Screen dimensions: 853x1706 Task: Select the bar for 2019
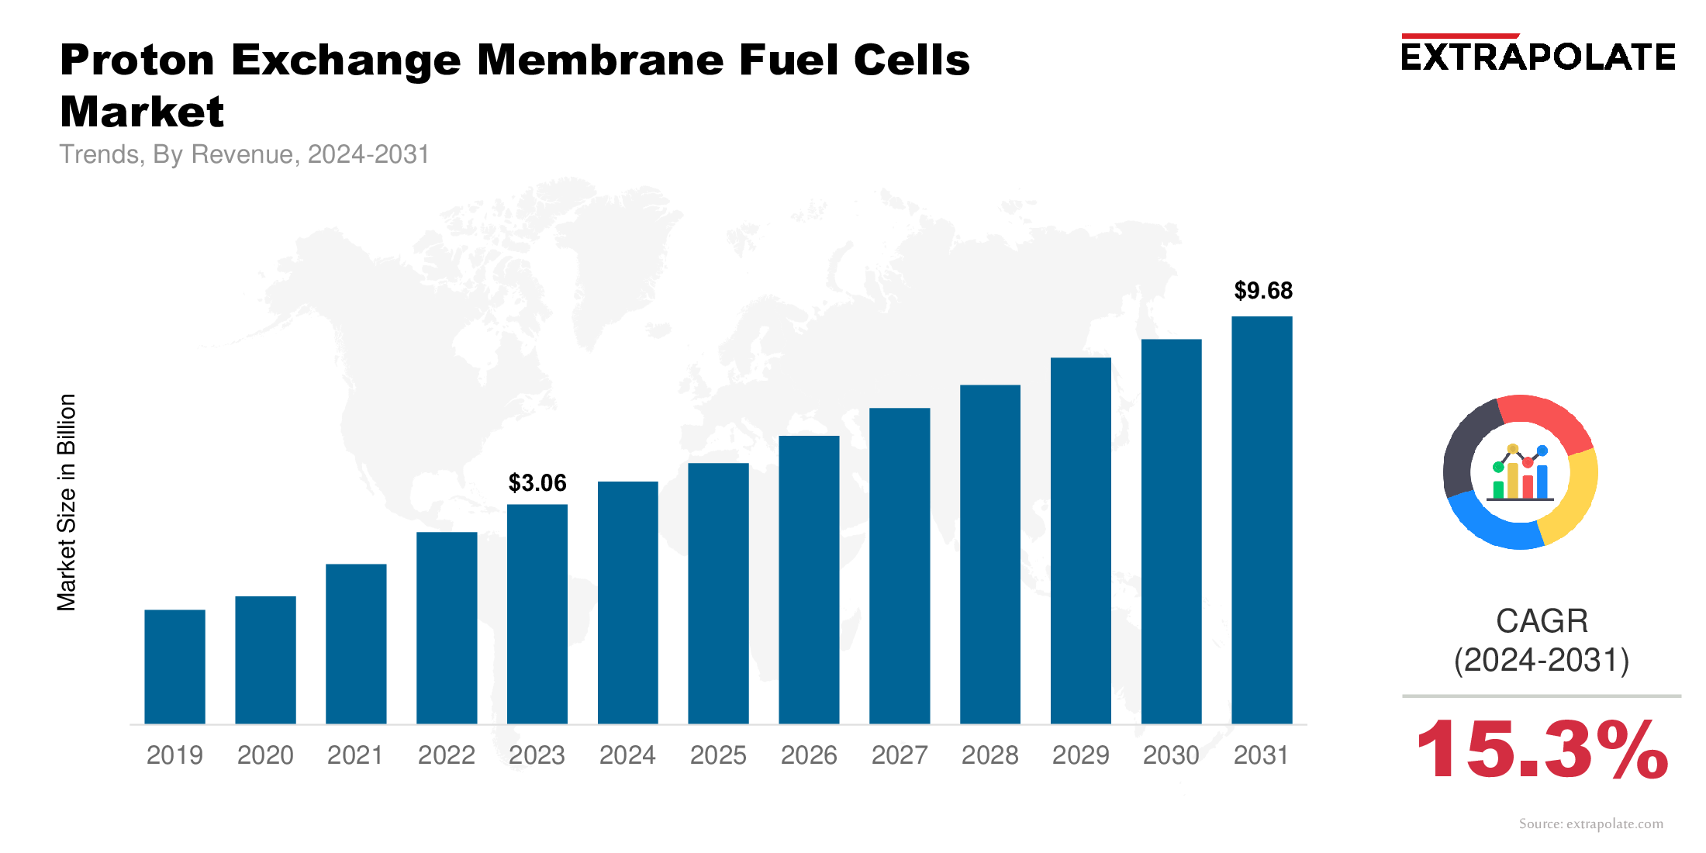(x=174, y=667)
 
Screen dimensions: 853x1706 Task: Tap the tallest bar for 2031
(x=1262, y=520)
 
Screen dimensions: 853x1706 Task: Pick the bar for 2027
(x=900, y=566)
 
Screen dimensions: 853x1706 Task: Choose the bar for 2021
(x=356, y=644)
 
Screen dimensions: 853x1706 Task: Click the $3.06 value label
(x=537, y=483)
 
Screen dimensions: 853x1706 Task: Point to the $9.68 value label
(x=1263, y=291)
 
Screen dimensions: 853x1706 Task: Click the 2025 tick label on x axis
(x=718, y=755)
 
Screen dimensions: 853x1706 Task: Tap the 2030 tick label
(x=1171, y=755)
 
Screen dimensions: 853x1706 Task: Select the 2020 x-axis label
(x=265, y=755)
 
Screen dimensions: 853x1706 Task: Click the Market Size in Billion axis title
(x=67, y=502)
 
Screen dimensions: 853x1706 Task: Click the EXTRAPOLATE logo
(x=1538, y=56)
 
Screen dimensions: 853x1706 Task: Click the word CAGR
(x=1542, y=621)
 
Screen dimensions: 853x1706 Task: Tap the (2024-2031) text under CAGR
(x=1542, y=661)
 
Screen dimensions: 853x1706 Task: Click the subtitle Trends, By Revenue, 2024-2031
(x=244, y=154)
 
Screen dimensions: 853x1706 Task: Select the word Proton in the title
(x=137, y=60)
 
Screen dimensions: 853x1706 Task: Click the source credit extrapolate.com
(x=1590, y=824)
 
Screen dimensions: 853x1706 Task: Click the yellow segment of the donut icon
(x=1574, y=500)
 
